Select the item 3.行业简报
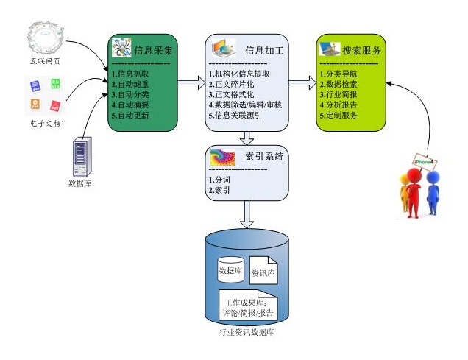(x=339, y=95)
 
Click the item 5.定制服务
(x=339, y=116)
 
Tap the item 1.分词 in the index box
(x=219, y=180)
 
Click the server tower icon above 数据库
(x=80, y=156)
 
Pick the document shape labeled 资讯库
(x=264, y=272)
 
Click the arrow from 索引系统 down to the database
(x=247, y=216)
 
